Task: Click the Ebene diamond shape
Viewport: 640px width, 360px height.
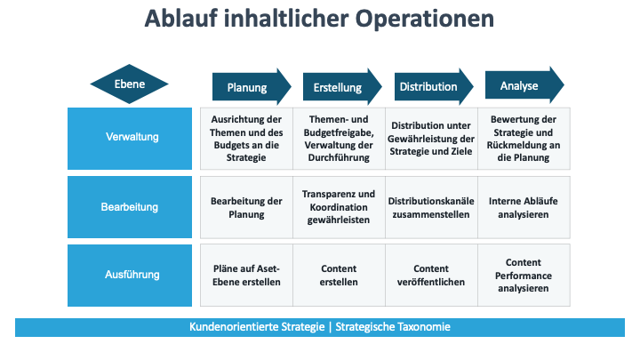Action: coord(130,84)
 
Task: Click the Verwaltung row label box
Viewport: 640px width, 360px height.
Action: coord(130,139)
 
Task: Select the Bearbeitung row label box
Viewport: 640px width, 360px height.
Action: coord(130,207)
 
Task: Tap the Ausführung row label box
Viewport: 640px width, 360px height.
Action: coord(130,276)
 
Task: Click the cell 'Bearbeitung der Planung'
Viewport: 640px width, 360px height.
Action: coord(246,207)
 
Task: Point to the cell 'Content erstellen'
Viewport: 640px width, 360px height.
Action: coord(339,275)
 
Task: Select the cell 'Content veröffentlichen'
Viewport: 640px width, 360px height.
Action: coord(431,275)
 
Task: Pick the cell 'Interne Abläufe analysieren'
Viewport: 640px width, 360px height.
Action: coord(524,207)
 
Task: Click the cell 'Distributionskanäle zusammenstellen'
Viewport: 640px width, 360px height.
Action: coord(431,207)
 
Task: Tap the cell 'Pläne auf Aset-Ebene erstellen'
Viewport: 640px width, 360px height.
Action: coord(246,275)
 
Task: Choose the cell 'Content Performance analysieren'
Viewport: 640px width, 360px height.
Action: coord(524,275)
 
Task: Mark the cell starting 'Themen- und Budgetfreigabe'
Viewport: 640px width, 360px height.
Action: coord(339,139)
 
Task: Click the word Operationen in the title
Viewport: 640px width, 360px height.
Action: coord(425,19)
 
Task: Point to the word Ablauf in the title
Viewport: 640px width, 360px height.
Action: coord(180,19)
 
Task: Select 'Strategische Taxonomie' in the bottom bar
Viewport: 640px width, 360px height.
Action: coord(393,327)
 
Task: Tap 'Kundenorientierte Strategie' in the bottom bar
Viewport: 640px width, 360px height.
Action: coord(257,327)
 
